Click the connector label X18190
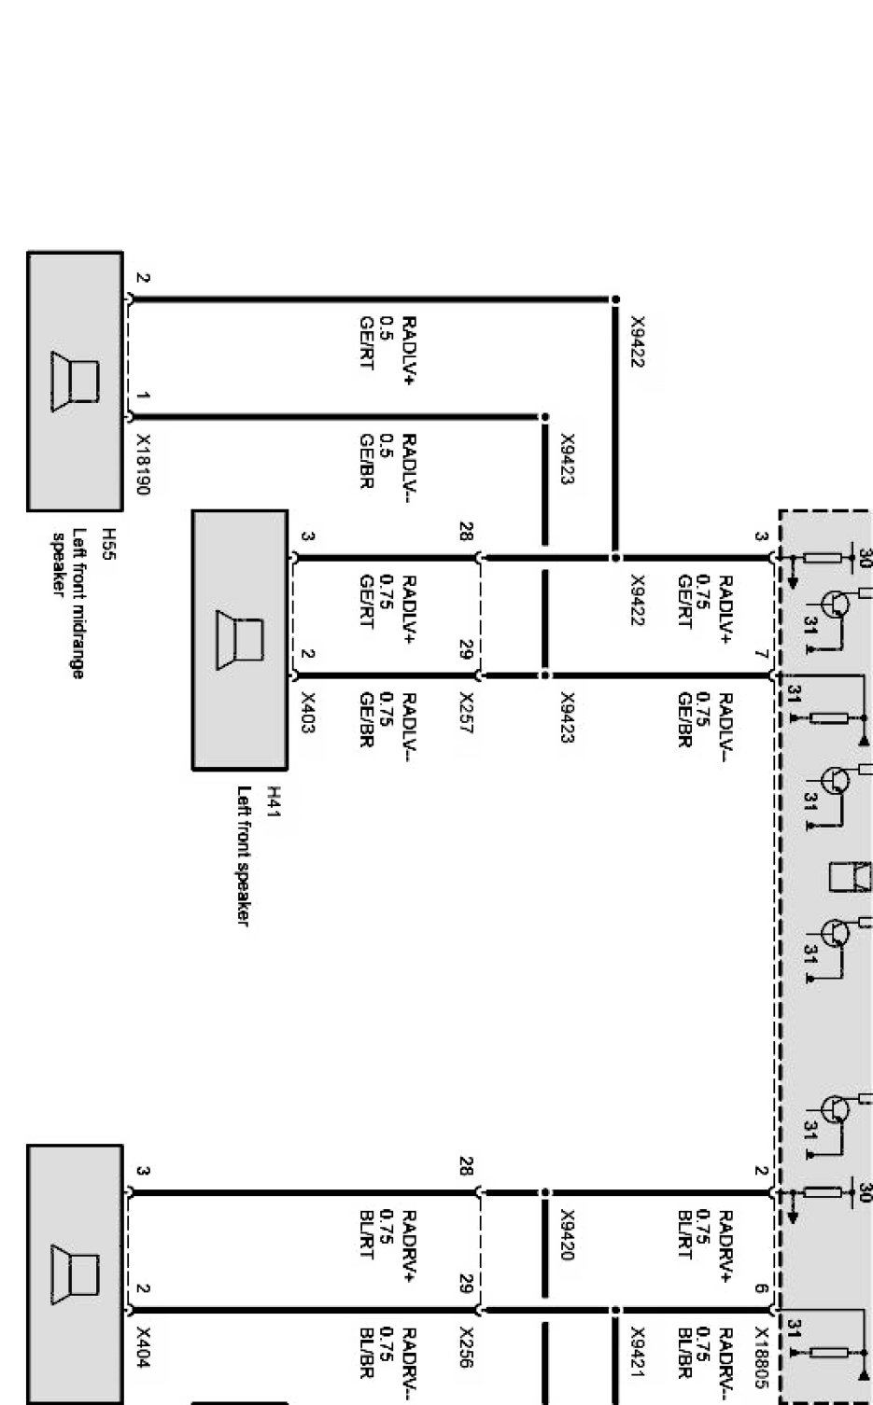pos(143,464)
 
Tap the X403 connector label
pos(308,713)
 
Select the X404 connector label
pos(143,1348)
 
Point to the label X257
pos(466,713)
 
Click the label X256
pos(466,1348)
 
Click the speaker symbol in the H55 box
pos(76,381)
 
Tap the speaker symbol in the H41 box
pos(240,639)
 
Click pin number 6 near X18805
pos(761,1289)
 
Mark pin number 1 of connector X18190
pos(142,396)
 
